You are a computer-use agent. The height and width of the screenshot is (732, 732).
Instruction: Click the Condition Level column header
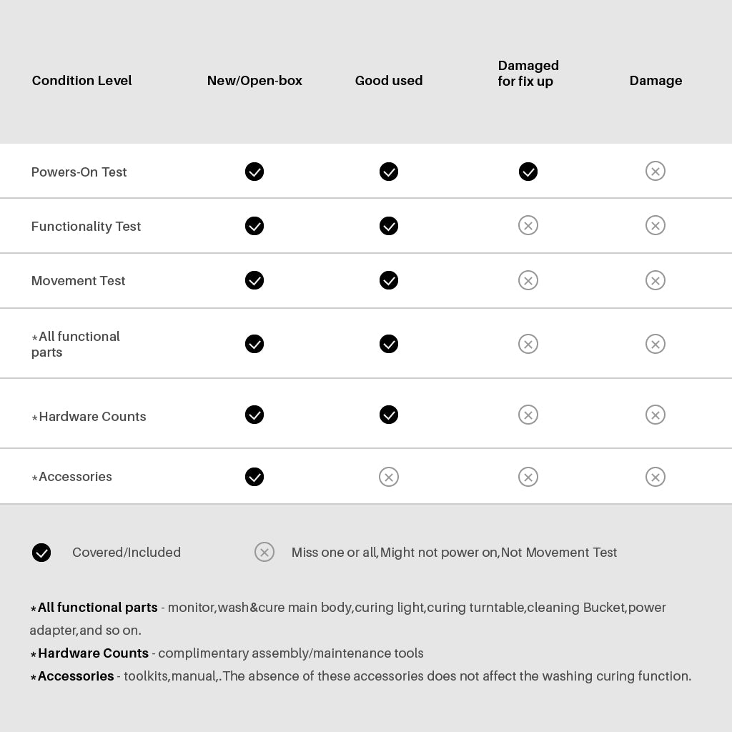[81, 81]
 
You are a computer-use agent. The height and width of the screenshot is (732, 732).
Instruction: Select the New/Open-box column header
[254, 81]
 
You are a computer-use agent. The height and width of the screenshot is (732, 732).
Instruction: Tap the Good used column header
[389, 81]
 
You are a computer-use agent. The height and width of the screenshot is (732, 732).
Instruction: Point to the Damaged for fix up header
[528, 74]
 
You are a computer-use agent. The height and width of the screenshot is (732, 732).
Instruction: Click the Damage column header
[656, 81]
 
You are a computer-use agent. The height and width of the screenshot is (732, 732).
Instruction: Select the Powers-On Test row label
[79, 172]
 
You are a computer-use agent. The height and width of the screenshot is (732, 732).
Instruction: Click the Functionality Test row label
[86, 227]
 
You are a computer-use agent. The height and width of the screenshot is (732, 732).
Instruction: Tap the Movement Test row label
[78, 281]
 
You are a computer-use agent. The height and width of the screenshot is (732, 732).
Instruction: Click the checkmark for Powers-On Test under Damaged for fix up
[528, 172]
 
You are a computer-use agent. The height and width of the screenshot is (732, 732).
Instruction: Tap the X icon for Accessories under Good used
[389, 477]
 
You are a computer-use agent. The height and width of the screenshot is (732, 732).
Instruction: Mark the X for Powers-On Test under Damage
[656, 171]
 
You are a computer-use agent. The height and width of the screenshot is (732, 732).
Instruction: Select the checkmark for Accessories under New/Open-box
[254, 477]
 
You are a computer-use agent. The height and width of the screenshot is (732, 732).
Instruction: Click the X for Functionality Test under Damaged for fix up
[528, 226]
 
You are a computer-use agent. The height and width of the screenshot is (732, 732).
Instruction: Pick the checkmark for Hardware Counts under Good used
[389, 415]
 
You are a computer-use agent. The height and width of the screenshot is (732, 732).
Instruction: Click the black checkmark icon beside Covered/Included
[41, 553]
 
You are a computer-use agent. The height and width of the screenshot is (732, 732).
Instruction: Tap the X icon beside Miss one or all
[264, 552]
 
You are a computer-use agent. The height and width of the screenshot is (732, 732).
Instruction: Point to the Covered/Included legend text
[127, 553]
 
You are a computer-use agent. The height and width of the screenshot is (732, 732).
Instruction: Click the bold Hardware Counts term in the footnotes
[93, 653]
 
